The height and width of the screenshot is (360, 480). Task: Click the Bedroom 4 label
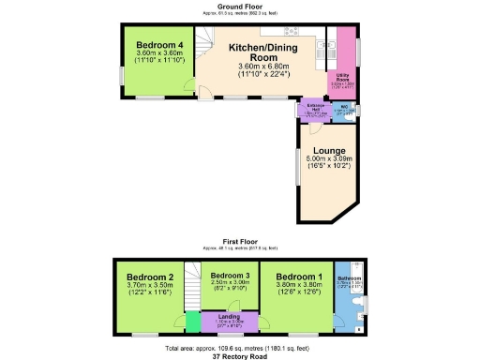coord(159,45)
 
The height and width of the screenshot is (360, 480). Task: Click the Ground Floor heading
coord(240,5)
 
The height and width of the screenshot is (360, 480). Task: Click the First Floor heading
coord(240,241)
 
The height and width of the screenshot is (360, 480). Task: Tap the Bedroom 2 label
coord(151,277)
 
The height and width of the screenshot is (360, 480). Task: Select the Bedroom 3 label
coord(229,273)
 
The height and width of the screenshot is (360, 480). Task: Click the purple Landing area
coord(229,322)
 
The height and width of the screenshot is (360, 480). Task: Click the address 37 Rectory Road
coord(240,355)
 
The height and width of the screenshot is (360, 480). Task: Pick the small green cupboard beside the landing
coord(193,322)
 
